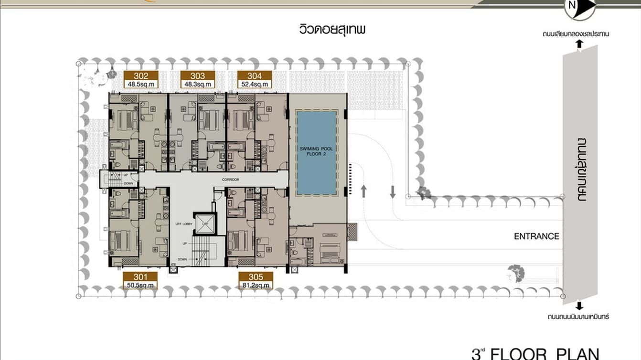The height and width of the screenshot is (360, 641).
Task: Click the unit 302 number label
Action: [x=140, y=75]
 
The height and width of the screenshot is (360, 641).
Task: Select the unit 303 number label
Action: [x=197, y=75]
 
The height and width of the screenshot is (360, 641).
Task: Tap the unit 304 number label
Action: [x=255, y=75]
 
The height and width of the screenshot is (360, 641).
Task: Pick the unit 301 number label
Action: [x=139, y=277]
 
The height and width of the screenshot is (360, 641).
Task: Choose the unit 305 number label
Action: [x=255, y=277]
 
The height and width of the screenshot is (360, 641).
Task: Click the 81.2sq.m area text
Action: [x=255, y=286]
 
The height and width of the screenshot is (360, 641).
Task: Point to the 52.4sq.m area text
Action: [x=255, y=84]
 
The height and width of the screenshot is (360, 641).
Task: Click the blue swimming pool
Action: [x=317, y=153]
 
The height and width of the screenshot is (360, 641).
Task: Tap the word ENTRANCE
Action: [x=536, y=236]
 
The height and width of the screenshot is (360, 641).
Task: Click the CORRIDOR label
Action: [x=230, y=180]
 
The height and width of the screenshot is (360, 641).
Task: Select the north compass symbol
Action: [x=580, y=7]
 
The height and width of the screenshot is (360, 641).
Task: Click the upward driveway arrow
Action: [x=364, y=191]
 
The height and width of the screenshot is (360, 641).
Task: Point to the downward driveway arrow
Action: [x=393, y=191]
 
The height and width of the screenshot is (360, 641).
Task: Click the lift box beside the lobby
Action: [x=205, y=224]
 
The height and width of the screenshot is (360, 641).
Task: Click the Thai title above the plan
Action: [x=332, y=30]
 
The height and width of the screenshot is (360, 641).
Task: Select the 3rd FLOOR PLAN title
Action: [x=535, y=354]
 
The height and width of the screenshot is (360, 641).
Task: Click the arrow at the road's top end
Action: [x=579, y=44]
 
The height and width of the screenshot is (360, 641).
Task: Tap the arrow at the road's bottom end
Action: [x=579, y=306]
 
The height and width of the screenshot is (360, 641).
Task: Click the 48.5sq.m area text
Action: [x=140, y=84]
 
